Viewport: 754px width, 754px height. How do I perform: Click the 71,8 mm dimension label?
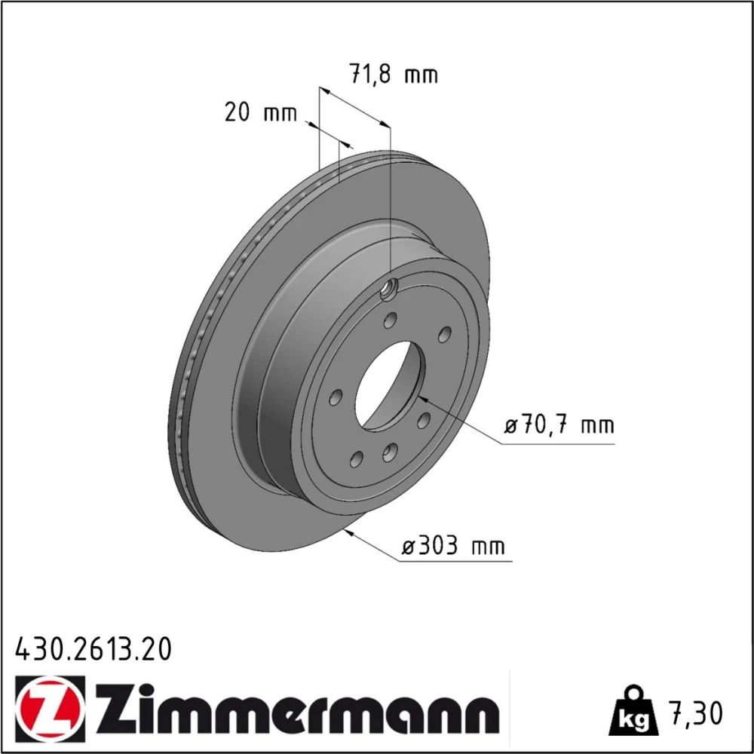[x=394, y=74]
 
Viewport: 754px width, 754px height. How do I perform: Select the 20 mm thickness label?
[x=261, y=112]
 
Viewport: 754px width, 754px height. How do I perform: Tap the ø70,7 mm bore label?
[x=559, y=425]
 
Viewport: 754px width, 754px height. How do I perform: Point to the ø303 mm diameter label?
[x=453, y=546]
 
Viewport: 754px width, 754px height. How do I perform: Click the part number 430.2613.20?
[x=93, y=649]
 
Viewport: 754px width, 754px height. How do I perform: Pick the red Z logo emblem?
[x=50, y=706]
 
